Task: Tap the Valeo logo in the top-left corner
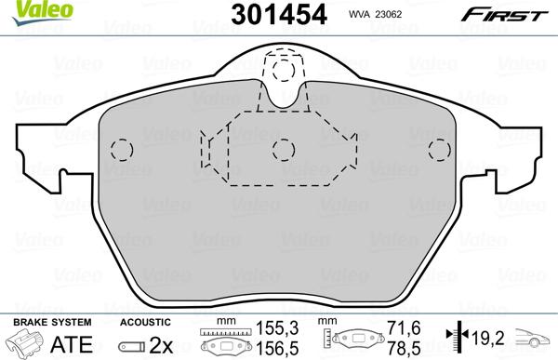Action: (25, 10)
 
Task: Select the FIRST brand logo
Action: (515, 14)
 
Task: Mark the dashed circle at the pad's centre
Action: (283, 150)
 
